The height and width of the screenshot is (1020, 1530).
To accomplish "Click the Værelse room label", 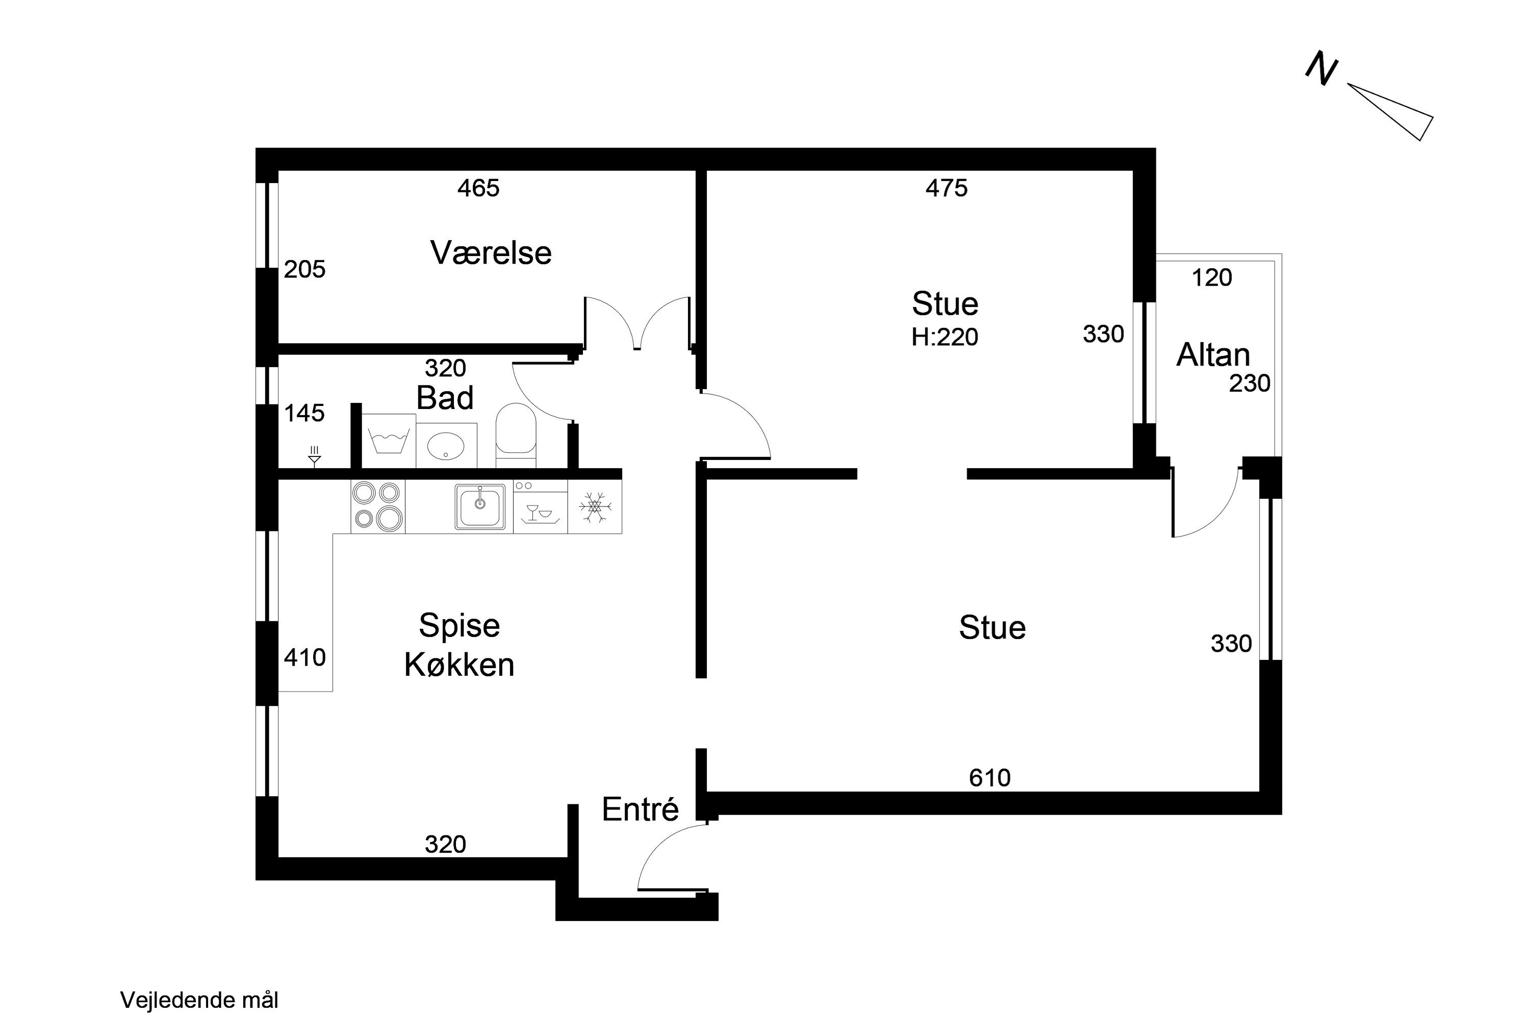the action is pyautogui.click(x=491, y=252).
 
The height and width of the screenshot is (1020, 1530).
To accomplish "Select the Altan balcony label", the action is pyautogui.click(x=1213, y=355).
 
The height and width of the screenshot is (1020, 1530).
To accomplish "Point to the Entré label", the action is pyautogui.click(x=640, y=810).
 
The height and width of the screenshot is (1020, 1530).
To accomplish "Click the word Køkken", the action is pyautogui.click(x=460, y=666).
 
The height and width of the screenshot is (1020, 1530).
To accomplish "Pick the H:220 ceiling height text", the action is pyautogui.click(x=945, y=337).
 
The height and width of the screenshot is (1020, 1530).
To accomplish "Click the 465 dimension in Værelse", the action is pyautogui.click(x=479, y=188).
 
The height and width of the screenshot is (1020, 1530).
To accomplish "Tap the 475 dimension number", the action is pyautogui.click(x=947, y=188).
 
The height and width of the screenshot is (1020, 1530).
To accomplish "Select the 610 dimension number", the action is pyautogui.click(x=990, y=778).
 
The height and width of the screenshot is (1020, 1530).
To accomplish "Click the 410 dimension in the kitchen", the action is pyautogui.click(x=304, y=658).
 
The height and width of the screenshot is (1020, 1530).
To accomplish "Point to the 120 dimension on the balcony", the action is pyautogui.click(x=1212, y=278).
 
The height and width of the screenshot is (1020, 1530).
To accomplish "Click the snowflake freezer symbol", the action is pyautogui.click(x=595, y=507).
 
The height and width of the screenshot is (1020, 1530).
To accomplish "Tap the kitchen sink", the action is pyautogui.click(x=480, y=507).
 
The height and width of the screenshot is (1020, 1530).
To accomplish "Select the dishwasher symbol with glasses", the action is pyautogui.click(x=541, y=507).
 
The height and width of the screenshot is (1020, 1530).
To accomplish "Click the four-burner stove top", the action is pyautogui.click(x=378, y=507).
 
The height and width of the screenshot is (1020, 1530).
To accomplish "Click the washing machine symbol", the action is pyautogui.click(x=388, y=441).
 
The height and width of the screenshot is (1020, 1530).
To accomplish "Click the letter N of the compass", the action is pyautogui.click(x=1322, y=68).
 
